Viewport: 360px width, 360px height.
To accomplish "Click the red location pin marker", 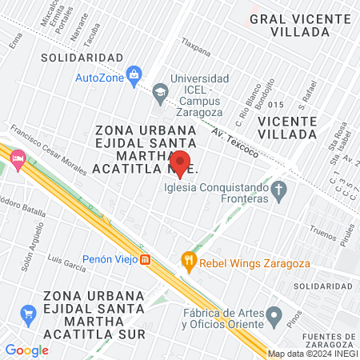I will click(181, 162).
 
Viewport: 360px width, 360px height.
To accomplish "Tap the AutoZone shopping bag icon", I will click(134, 75).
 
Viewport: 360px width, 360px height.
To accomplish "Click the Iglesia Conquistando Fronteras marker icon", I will click(278, 190).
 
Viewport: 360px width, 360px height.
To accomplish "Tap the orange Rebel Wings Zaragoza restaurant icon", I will click(188, 259).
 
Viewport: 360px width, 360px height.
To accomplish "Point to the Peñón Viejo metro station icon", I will click(145, 259).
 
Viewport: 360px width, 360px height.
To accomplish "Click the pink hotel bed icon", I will click(17, 158).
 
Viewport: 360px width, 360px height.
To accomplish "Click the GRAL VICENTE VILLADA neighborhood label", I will click(289, 25).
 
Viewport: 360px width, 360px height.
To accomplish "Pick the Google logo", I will click(26, 350).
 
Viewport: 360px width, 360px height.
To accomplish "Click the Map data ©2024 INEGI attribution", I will click(313, 354).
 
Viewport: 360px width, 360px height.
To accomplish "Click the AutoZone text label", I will click(98, 78).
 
